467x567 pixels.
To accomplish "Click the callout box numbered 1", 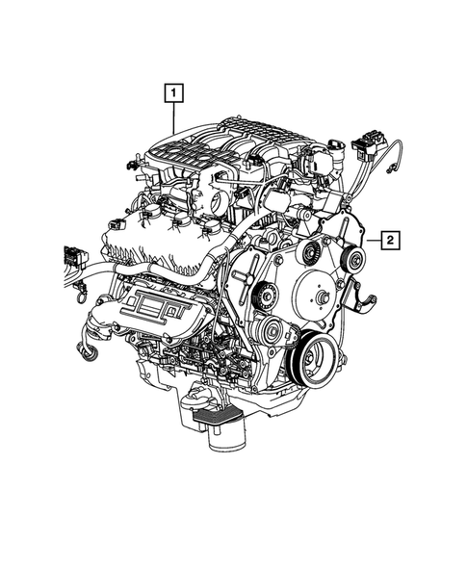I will [x=173, y=93].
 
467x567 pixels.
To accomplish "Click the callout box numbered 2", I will [x=390, y=239].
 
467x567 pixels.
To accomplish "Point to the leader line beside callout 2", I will [x=372, y=239].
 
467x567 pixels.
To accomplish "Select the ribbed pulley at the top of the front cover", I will [x=310, y=253].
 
